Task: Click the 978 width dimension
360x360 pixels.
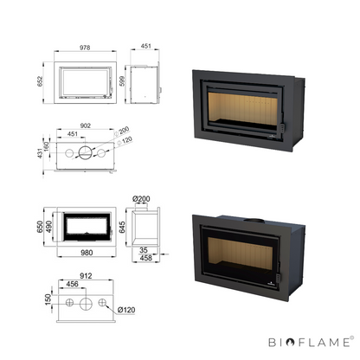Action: (85, 48)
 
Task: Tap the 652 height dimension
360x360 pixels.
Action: (40, 81)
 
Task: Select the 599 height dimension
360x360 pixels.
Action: (122, 81)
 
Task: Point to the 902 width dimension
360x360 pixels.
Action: (86, 125)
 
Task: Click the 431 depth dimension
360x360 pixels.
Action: (40, 153)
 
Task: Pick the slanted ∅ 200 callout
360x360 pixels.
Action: (121, 132)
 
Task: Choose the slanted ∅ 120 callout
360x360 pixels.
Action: (125, 141)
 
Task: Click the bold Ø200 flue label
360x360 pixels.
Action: (141, 199)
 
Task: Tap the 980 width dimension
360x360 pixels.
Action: (87, 253)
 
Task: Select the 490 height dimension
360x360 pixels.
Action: (48, 227)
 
